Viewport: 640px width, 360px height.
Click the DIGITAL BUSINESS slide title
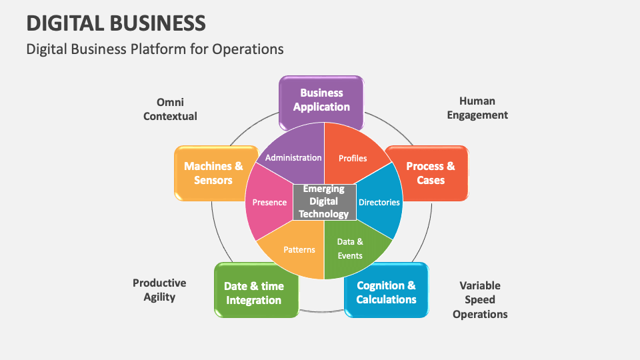(x=116, y=23)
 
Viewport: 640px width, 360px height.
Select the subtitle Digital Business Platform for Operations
(x=155, y=49)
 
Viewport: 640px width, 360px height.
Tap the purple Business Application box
(x=321, y=101)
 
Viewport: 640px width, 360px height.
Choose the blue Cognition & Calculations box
(x=386, y=293)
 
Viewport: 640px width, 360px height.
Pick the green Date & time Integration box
(x=254, y=293)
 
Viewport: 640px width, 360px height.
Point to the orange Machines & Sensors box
(x=213, y=173)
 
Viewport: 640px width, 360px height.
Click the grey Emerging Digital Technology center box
(x=324, y=201)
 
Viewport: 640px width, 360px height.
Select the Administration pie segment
(x=293, y=157)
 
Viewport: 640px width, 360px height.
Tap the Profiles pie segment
(x=353, y=158)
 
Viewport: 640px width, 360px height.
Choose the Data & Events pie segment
(x=350, y=248)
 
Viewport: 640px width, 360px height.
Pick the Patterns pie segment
(x=299, y=249)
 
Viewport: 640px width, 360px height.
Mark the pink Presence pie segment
(x=269, y=203)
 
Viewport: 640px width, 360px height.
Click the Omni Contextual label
(x=170, y=109)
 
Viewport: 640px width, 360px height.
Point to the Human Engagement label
(x=477, y=108)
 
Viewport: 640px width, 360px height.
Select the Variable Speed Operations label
(x=480, y=300)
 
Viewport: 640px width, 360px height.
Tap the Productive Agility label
(x=159, y=290)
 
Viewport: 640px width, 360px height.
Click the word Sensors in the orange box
(x=213, y=181)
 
